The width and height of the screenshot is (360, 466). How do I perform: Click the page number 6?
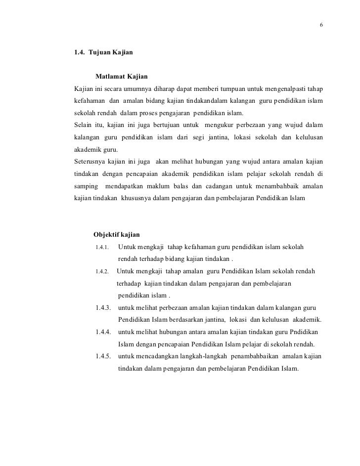click(321, 25)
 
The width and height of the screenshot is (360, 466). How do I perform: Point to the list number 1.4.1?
click(102, 247)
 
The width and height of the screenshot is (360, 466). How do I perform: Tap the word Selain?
click(83, 125)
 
